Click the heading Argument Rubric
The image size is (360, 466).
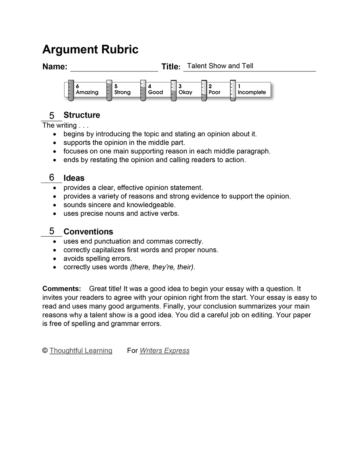point(90,50)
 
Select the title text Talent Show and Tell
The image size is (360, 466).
point(220,66)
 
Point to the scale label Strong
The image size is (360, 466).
point(122,92)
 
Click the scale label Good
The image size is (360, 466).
point(155,92)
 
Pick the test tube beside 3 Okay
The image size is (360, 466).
point(173,91)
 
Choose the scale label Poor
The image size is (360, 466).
point(214,92)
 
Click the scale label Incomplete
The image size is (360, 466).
point(252,92)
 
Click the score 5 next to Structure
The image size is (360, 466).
point(52,115)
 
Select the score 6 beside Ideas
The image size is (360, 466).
point(52,177)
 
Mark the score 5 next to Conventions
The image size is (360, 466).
point(52,231)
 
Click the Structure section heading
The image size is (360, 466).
point(82,115)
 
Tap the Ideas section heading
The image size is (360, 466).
point(74,178)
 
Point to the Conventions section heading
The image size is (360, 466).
point(88,232)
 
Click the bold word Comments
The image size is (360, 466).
point(62,289)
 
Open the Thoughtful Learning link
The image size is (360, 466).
point(81,351)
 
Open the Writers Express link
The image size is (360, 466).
point(165,351)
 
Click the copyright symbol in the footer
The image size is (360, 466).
point(45,351)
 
